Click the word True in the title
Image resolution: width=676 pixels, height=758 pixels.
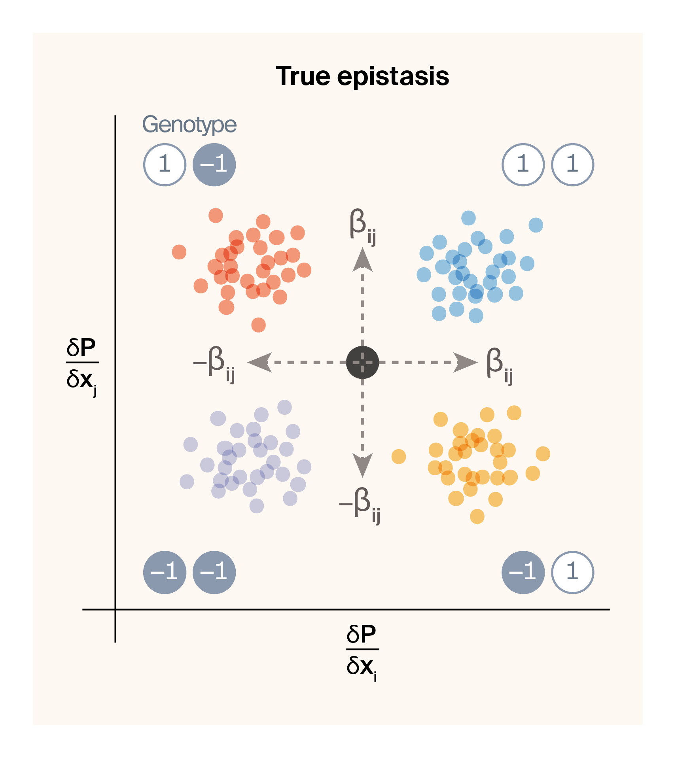click(303, 76)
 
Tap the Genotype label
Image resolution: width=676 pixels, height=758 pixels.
click(189, 125)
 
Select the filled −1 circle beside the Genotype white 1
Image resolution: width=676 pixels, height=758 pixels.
click(214, 164)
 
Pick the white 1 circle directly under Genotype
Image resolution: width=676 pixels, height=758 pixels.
click(165, 164)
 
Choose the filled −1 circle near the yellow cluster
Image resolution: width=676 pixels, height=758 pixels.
click(523, 572)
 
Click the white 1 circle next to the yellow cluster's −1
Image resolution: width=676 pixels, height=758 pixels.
click(572, 572)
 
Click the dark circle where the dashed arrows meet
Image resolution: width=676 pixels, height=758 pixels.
click(362, 362)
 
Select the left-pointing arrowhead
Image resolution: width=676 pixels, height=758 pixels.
click(259, 362)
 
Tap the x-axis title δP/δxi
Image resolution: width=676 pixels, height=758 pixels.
click(362, 651)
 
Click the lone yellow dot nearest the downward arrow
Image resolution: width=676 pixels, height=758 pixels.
click(398, 456)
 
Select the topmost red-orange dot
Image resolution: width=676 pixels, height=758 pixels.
click(216, 215)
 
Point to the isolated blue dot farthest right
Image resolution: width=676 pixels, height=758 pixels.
click(536, 225)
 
